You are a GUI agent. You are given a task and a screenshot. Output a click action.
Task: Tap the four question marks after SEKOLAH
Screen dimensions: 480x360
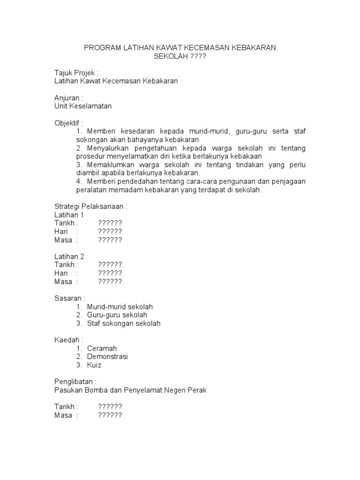tap(198, 56)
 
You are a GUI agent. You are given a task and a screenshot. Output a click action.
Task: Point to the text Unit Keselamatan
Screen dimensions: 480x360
tap(83, 106)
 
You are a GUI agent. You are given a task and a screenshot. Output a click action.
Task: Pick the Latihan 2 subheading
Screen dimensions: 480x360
tap(69, 256)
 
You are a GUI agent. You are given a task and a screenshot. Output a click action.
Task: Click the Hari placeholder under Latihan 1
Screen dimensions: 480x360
tap(110, 232)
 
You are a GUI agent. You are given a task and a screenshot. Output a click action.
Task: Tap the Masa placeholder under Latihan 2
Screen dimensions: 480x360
tap(110, 282)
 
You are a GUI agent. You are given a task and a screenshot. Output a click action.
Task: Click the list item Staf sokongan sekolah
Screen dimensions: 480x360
tap(124, 323)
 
